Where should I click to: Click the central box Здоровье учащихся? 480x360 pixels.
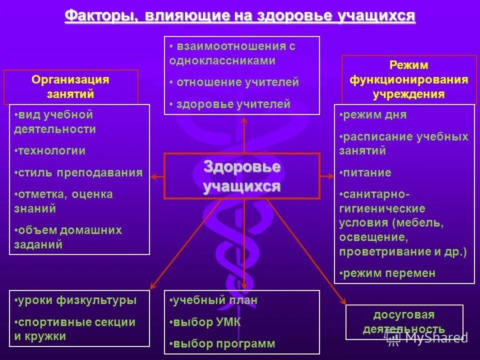click(x=242, y=176)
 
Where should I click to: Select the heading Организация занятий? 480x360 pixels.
click(x=70, y=86)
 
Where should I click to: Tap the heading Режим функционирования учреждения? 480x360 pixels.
click(x=408, y=79)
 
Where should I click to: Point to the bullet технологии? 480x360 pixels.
click(x=50, y=150)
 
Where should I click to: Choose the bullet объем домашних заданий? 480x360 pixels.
click(x=68, y=237)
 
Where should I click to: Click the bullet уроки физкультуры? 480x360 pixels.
click(x=75, y=300)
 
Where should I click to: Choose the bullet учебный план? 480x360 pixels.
click(x=214, y=300)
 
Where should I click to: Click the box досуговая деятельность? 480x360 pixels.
click(x=404, y=321)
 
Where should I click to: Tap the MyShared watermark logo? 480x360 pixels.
click(x=427, y=338)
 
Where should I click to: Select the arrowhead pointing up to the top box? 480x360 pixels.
click(x=244, y=119)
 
